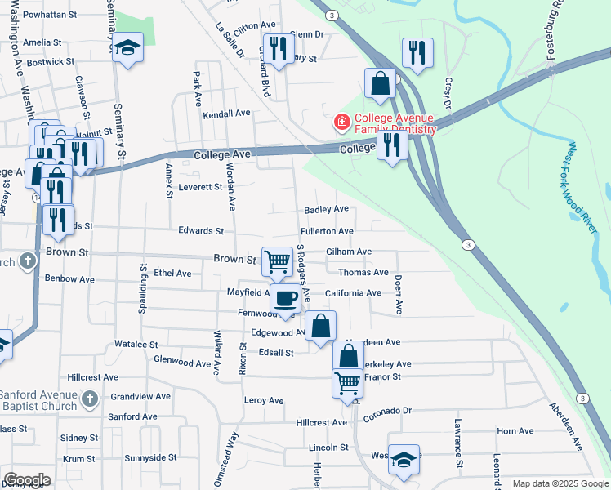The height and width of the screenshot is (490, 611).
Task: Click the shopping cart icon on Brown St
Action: tap(277, 261)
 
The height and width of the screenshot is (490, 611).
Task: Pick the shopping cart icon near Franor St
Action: tap(347, 381)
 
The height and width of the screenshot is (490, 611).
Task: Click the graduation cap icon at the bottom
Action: tap(404, 459)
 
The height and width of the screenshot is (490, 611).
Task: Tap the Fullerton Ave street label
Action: tap(328, 232)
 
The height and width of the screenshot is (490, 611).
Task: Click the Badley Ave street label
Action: tap(327, 210)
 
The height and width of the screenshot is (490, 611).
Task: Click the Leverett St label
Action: tap(201, 187)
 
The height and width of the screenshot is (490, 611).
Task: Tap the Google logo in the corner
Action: tap(27, 480)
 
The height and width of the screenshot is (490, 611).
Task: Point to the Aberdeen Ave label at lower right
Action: tap(565, 426)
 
